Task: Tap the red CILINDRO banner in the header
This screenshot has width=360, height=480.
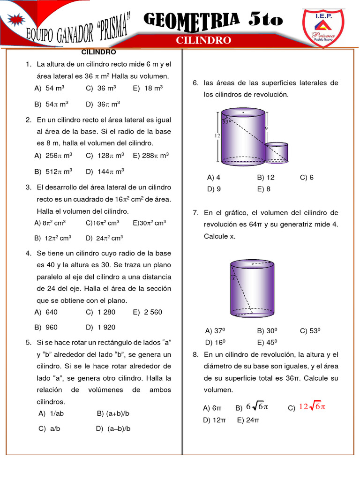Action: pos(203,40)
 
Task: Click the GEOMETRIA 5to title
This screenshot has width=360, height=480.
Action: pos(213,19)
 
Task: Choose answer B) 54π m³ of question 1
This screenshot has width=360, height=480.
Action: pos(52,104)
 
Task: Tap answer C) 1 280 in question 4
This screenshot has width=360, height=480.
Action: pos(100,312)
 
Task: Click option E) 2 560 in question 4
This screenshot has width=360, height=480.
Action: pos(147,312)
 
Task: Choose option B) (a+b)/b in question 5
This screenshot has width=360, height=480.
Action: pos(113,413)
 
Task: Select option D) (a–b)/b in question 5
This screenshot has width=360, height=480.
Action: pos(113,428)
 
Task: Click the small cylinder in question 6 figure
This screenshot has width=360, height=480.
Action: pos(277,152)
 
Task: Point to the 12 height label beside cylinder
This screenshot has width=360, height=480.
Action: pos(217,135)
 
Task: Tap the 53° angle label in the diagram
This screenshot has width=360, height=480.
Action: pos(225,122)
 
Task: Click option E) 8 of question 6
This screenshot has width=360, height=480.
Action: pos(264,189)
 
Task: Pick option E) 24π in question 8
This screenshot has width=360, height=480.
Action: pos(248,420)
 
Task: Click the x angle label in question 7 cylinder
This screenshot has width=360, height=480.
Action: pos(233,278)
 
